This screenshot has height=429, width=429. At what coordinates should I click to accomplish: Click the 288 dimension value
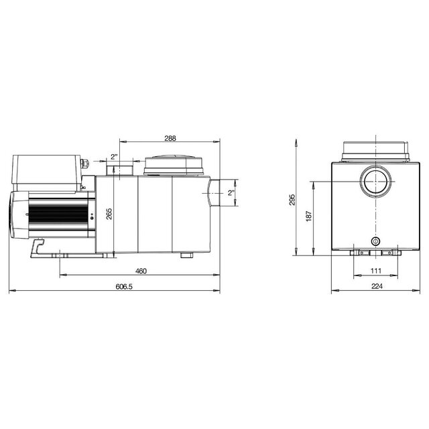click(x=170, y=138)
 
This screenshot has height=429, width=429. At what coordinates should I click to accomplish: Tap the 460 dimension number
click(x=141, y=271)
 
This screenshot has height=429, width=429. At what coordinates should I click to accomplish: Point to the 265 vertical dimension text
click(x=109, y=214)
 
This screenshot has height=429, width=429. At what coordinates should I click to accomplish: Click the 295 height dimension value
click(x=292, y=200)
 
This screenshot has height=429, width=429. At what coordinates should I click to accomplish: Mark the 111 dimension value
click(x=375, y=270)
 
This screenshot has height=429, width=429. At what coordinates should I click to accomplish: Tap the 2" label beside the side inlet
click(x=231, y=193)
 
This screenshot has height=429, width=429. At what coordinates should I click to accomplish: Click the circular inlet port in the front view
click(x=375, y=181)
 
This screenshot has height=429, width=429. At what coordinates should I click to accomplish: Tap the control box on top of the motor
click(x=47, y=172)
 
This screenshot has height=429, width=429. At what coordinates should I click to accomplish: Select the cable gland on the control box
click(x=85, y=164)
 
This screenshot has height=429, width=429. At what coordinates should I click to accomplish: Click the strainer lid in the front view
click(x=375, y=151)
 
